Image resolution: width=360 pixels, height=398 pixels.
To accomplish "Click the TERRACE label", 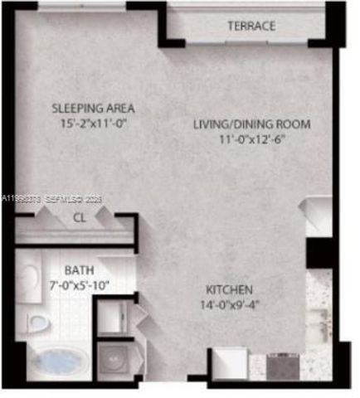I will [x=251, y=27].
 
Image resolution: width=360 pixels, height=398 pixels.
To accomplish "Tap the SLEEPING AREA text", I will [x=93, y=109].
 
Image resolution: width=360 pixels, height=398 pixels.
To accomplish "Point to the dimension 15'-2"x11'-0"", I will [x=93, y=123].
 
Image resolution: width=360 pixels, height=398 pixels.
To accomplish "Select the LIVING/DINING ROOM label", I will [x=251, y=124].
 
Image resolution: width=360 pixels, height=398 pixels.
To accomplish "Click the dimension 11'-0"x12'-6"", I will [x=251, y=138].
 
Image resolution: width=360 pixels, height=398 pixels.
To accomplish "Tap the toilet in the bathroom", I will [x=36, y=321].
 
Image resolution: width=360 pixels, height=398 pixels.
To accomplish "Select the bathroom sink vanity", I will [x=30, y=278].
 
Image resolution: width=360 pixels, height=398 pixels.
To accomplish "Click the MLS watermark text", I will [x=50, y=198].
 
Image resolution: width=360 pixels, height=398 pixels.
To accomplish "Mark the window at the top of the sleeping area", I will [x=81, y=7].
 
